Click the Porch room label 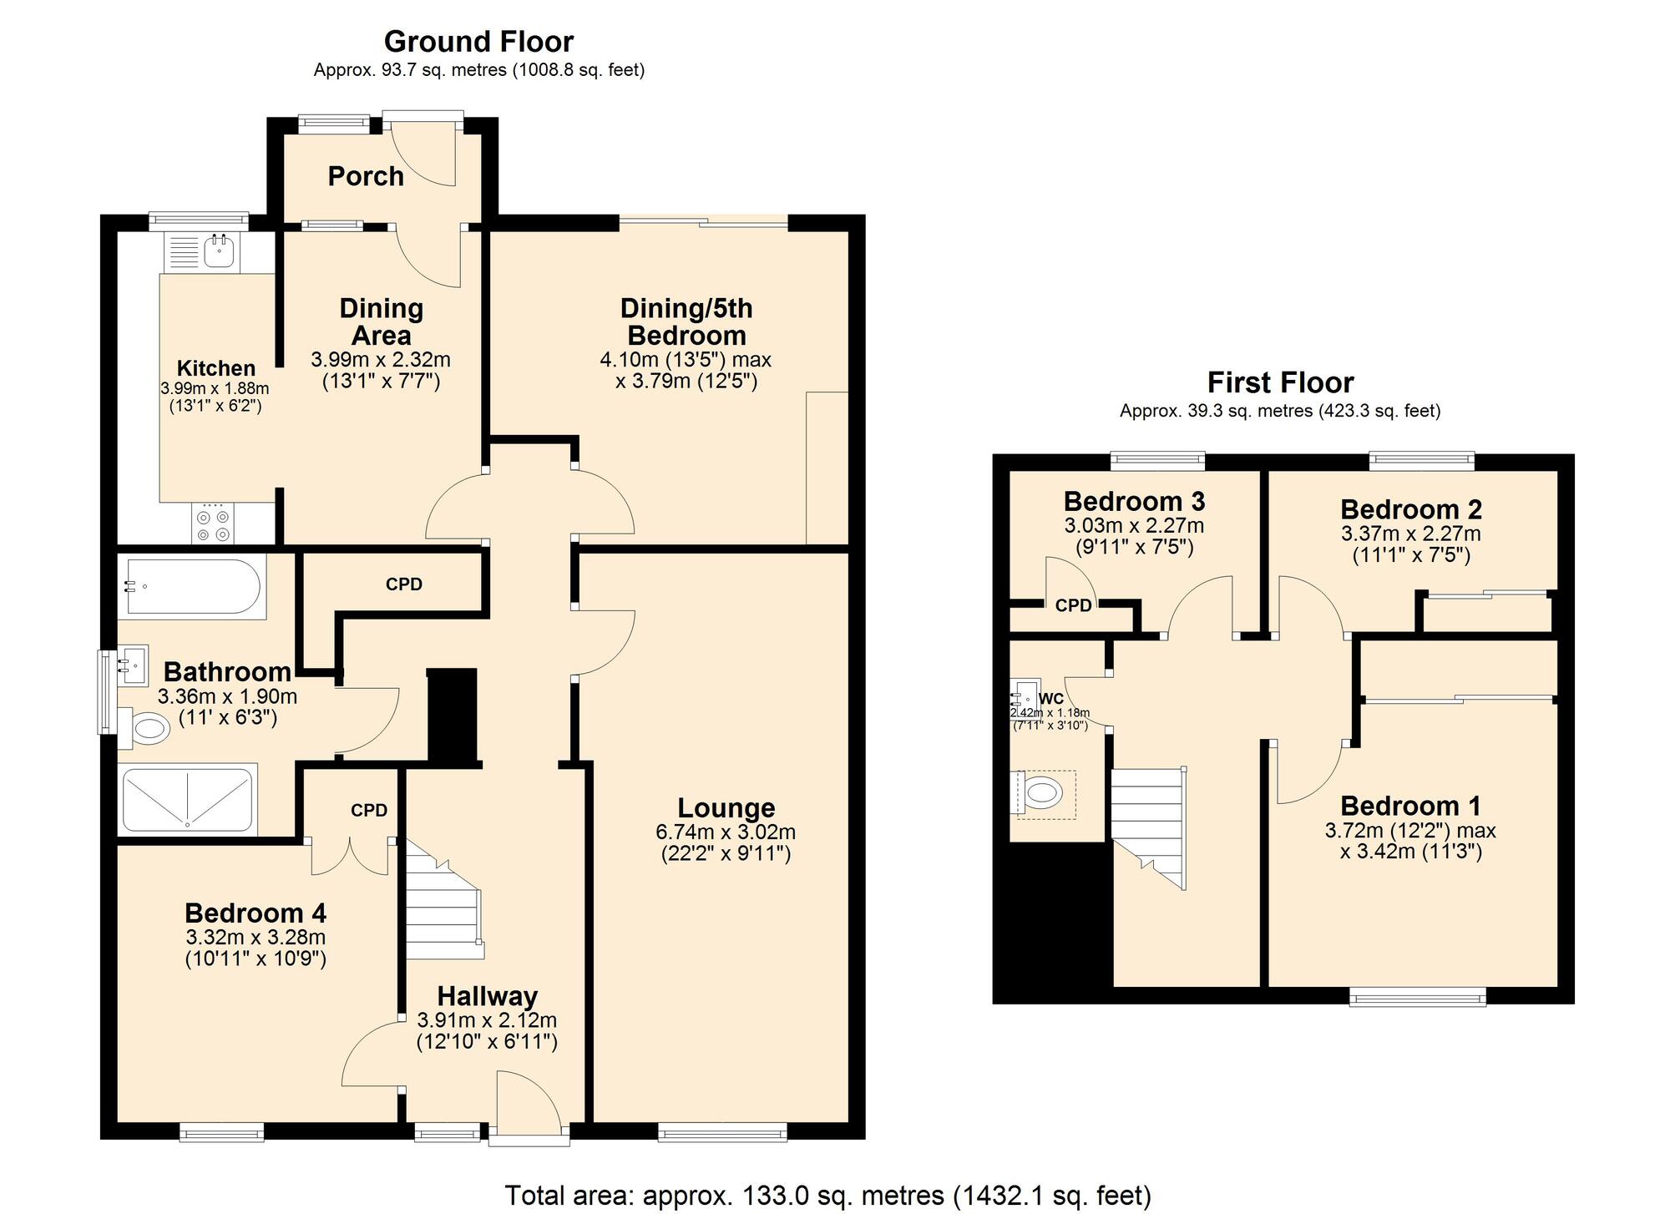pos(366,176)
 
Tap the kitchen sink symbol pos(219,251)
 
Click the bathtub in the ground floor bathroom pos(192,586)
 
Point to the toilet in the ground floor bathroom pos(145,729)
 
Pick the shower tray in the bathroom pos(187,799)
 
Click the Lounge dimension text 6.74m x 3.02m pos(726,832)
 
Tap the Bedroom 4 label pos(255,913)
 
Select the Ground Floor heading pos(478,41)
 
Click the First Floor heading pos(1279,382)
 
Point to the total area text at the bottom pos(827,1195)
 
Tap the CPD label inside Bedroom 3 pos(1073,605)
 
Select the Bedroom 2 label pos(1410,508)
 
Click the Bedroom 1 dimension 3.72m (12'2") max pos(1409,831)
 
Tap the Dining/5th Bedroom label pos(686,321)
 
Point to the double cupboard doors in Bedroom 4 pos(350,856)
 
